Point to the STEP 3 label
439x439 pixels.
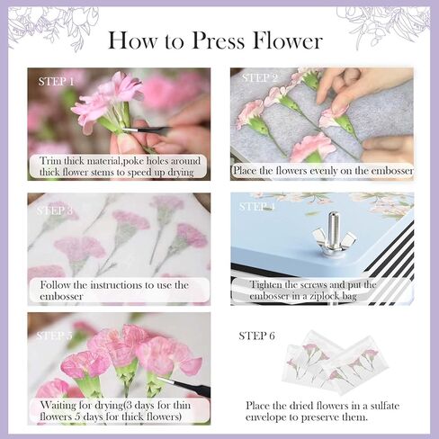tap(56, 211)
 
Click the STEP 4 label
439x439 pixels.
tap(257, 206)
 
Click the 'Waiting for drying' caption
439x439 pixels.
tap(118, 410)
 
